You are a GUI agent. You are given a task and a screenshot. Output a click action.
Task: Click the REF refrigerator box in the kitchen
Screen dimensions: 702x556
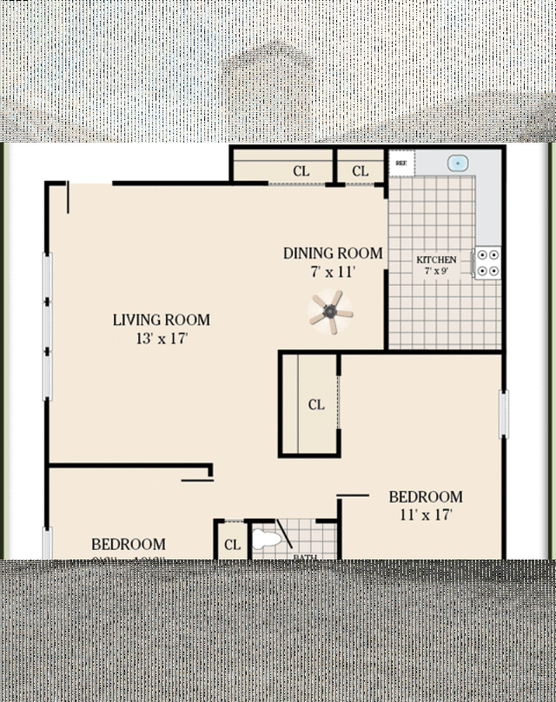(x=401, y=162)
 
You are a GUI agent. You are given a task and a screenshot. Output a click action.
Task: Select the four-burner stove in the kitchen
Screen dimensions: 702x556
(x=488, y=262)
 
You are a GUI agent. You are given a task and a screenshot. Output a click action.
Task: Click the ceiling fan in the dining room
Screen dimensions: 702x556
(x=331, y=312)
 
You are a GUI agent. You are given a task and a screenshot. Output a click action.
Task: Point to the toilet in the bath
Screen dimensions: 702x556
(x=268, y=539)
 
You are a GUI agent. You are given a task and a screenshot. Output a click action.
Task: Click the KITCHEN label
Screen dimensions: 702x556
(x=436, y=260)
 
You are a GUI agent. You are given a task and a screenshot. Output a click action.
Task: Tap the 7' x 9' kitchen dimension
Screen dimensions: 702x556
(x=436, y=271)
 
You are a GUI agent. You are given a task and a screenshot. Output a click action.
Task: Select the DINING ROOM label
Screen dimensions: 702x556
(x=333, y=254)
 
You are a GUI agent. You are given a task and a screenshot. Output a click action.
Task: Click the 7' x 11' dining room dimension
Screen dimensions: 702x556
(x=333, y=271)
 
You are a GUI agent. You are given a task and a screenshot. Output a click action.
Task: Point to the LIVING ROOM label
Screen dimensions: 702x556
(x=162, y=320)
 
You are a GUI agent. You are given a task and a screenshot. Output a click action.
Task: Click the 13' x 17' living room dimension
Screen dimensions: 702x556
(x=162, y=339)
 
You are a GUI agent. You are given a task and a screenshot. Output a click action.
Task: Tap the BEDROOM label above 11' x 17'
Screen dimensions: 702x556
(x=426, y=497)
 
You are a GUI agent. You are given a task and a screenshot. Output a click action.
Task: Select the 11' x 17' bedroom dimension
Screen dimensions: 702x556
(x=426, y=514)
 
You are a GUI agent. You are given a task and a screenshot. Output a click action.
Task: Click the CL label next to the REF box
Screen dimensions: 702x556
(x=361, y=171)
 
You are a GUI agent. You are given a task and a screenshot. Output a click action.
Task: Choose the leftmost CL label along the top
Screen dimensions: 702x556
(x=301, y=171)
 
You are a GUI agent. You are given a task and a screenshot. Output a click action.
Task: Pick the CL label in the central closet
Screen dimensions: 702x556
(x=316, y=405)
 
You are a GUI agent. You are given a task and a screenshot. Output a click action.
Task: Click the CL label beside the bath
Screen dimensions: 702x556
(x=232, y=545)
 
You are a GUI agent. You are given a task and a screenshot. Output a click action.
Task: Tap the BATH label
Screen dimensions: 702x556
(x=304, y=557)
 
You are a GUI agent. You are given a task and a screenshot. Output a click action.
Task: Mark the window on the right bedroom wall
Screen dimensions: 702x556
(x=502, y=414)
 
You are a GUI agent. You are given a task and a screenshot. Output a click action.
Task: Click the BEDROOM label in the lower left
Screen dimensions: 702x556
(x=129, y=545)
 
